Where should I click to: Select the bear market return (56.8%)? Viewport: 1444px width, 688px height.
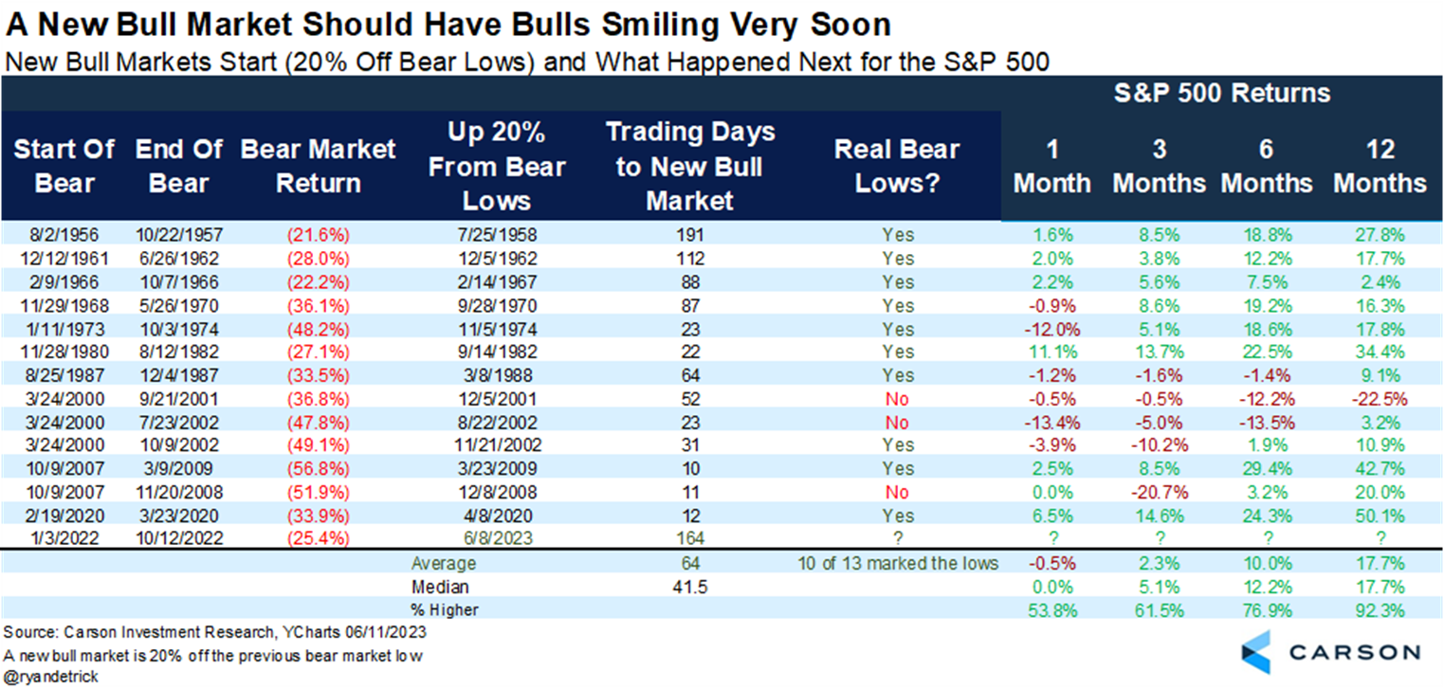[x=319, y=469]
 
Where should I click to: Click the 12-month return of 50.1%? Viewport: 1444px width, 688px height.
[x=1380, y=516]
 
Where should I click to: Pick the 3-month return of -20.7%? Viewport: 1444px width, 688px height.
[x=1159, y=493]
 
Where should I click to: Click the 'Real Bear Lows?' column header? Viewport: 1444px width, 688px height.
[x=896, y=166]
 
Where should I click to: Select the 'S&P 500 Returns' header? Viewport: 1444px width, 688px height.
[x=1220, y=94]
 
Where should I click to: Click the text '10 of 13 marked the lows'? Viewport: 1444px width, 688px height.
[x=896, y=563]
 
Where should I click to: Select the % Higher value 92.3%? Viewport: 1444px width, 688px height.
[x=1380, y=609]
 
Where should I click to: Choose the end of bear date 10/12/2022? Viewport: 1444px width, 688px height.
[x=179, y=539]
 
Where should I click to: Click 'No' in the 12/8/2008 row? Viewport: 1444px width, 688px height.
[x=896, y=493]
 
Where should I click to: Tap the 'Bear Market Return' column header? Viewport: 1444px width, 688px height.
[x=319, y=166]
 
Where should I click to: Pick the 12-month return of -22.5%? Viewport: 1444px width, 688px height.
[x=1380, y=399]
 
